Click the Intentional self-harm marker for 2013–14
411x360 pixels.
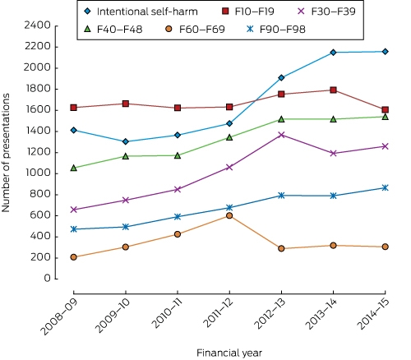point(333,53)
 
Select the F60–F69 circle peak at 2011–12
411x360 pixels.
point(229,215)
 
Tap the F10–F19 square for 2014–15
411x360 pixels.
point(385,110)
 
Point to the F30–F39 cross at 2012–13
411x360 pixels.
point(281,135)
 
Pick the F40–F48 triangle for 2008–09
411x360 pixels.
point(73,168)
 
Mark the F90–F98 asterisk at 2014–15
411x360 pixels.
point(385,188)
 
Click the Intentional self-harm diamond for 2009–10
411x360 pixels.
point(126,141)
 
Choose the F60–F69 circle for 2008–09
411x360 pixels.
point(73,257)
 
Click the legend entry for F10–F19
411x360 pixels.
point(247,12)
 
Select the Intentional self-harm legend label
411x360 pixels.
point(147,12)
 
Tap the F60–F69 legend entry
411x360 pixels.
point(196,29)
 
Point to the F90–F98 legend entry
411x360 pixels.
point(276,29)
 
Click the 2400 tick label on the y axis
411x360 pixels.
point(38,25)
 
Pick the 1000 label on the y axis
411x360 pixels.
point(38,173)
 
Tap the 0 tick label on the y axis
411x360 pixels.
point(48,279)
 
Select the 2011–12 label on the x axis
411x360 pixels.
point(218,313)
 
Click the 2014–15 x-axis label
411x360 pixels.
point(374,314)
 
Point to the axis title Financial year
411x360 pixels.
point(229,353)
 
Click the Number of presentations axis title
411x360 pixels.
point(6,153)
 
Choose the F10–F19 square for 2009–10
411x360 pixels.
point(126,104)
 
